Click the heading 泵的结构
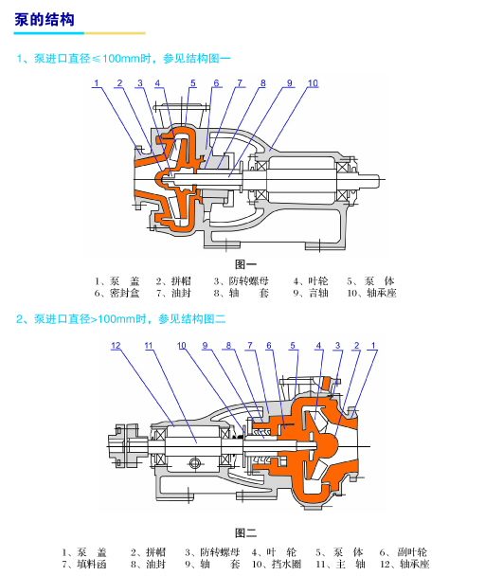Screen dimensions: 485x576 point(45,20)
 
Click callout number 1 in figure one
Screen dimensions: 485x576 point(97,83)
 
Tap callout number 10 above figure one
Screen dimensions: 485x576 point(313,83)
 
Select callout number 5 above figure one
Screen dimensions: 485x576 point(193,83)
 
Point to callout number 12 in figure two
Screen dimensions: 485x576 point(116,345)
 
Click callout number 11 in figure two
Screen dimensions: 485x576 point(149,345)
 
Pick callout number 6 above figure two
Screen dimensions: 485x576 point(269,345)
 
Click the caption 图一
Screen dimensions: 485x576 point(245,264)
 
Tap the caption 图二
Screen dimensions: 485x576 point(245,532)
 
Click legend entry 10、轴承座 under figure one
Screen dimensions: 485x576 point(372,293)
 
